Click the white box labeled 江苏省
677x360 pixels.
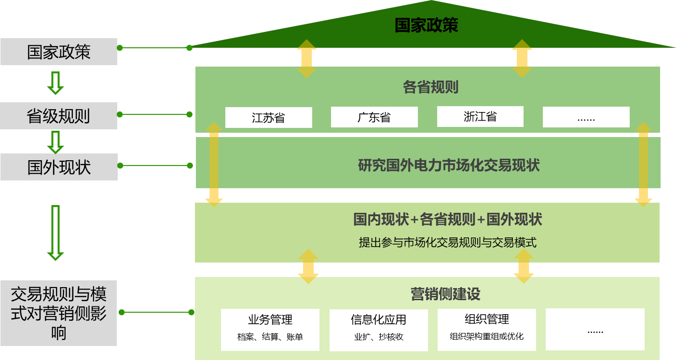pos(268,117)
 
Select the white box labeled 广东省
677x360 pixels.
pos(374,117)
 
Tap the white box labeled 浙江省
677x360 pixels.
pos(480,117)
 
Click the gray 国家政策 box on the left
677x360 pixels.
pos(59,52)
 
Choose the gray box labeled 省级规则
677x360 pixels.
pos(59,116)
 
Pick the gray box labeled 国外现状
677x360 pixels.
pos(59,167)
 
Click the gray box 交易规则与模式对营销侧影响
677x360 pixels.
pos(59,313)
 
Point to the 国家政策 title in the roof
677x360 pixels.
pos(426,25)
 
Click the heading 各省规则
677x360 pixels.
pos(430,87)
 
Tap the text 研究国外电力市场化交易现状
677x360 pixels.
pos(449,166)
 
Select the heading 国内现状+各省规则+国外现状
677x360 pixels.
pos(448,220)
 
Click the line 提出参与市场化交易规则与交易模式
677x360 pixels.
pos(447,242)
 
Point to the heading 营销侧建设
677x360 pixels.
pos(445,294)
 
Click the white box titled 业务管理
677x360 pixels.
pos(270,330)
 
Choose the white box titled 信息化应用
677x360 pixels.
pos(378,330)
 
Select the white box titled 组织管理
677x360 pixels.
pos(486,330)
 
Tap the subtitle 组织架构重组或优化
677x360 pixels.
pos(486,336)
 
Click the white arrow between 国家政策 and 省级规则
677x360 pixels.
pos(55,83)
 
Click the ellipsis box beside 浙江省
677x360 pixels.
pos(586,117)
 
